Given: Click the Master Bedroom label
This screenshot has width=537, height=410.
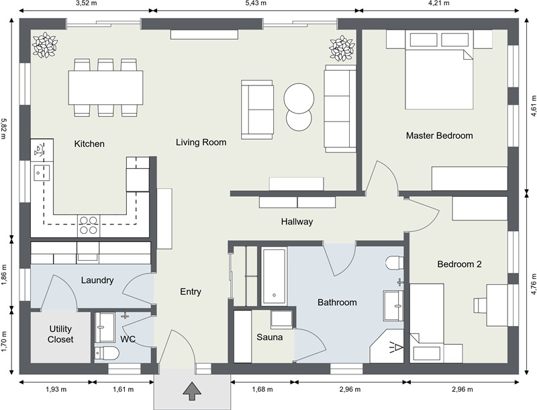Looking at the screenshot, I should coord(439,136).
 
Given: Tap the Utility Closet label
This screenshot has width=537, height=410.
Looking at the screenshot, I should coord(60,334).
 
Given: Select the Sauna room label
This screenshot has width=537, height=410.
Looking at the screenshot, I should coord(270,337).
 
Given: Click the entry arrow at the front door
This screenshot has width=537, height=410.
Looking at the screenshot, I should coord(192,390).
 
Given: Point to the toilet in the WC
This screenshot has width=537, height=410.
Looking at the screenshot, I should coord(107,352).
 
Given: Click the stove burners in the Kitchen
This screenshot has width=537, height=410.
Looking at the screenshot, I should coord(89,224).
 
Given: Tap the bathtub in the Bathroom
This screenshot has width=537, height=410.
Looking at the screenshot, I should coord(275,276).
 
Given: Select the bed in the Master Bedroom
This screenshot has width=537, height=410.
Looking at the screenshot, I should coord(439,77).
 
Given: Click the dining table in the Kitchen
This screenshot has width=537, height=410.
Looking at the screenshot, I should coord(105,87).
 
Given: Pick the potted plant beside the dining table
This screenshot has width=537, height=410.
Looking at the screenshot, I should coord(46,44).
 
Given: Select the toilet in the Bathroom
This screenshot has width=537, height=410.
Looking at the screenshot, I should coord(395,261).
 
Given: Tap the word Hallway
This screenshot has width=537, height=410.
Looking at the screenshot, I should coord(297,221).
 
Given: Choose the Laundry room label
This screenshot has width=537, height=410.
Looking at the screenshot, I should coord(97,280).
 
